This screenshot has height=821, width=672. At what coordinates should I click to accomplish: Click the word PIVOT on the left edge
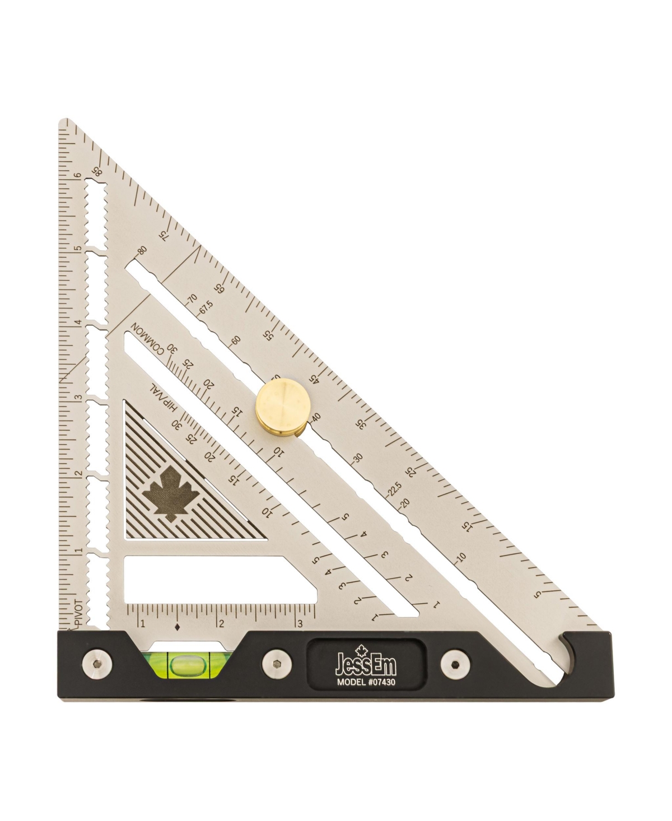[79, 612]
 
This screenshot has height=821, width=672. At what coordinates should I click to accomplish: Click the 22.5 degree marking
[395, 488]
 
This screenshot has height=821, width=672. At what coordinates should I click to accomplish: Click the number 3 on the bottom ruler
[300, 624]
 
